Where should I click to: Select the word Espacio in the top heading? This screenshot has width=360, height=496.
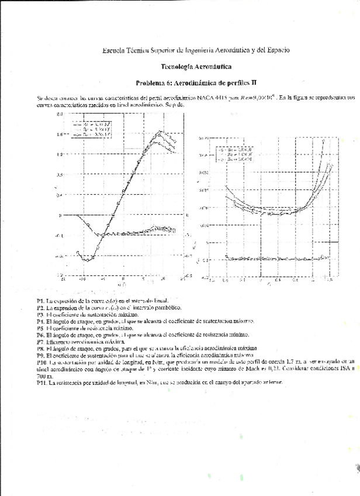272,51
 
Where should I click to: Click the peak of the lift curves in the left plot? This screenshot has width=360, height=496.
160,134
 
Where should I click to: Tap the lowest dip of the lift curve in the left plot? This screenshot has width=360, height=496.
86,259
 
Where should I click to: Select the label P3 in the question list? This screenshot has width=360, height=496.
40,314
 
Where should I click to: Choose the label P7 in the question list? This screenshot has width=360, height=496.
40,341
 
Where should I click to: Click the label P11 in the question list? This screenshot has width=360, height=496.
41,381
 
